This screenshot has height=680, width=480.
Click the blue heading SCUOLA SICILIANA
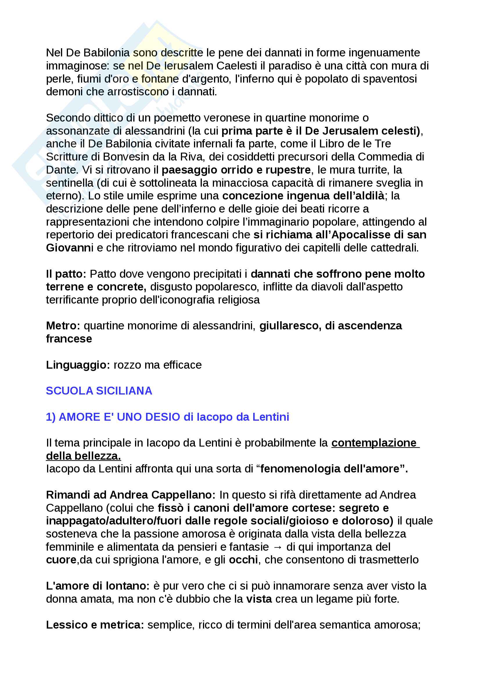(99, 391)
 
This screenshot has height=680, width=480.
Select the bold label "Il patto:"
(66, 274)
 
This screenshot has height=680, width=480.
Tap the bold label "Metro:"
(63, 326)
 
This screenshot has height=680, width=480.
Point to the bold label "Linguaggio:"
(78, 365)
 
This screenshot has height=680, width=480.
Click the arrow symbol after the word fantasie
(278, 547)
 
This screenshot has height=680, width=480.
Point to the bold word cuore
(61, 560)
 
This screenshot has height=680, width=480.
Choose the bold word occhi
(243, 560)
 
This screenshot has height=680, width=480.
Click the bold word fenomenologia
(300, 469)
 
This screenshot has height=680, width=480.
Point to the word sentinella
(69, 183)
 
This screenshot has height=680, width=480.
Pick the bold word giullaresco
(290, 326)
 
